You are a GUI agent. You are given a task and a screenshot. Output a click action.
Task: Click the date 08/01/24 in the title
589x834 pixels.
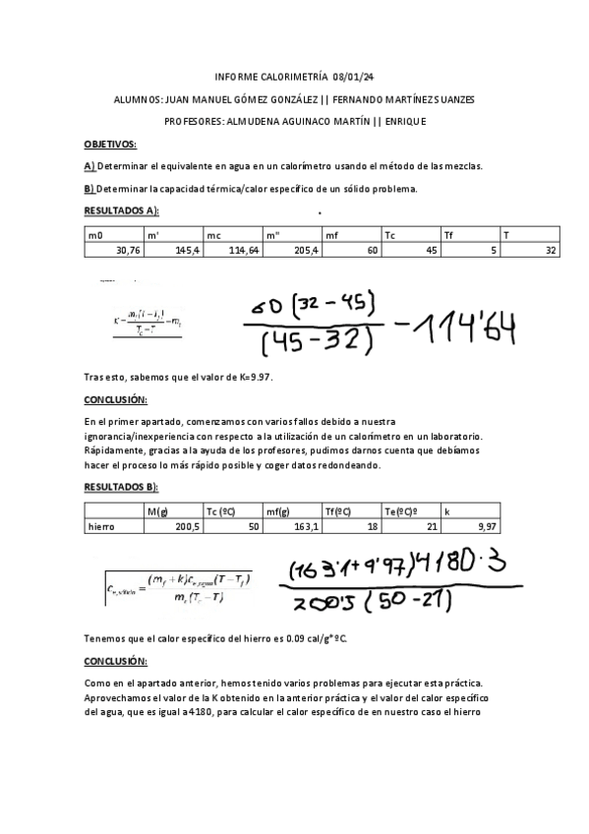(x=351, y=78)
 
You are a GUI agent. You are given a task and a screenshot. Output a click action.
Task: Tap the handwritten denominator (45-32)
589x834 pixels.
(x=310, y=342)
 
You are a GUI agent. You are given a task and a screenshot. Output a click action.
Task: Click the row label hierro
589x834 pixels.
(x=101, y=526)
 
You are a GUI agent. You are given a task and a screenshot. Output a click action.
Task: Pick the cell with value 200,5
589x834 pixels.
(x=186, y=526)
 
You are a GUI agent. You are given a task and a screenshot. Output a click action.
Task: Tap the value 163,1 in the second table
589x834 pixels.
(x=306, y=526)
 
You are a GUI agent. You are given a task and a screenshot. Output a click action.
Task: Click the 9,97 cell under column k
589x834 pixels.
(x=486, y=526)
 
